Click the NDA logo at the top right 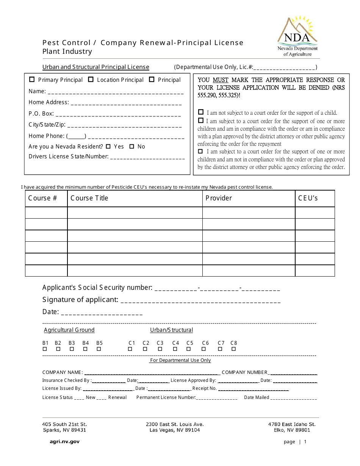point(297,36)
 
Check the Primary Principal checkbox point(32,80)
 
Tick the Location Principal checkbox point(91,80)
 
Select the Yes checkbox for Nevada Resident point(108,146)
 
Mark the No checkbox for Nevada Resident point(132,146)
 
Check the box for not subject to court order point(201,113)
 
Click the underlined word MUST point(221,80)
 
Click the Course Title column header point(89,198)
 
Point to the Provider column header point(219,198)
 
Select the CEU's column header point(308,198)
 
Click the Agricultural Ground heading point(69,330)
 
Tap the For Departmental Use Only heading point(180,360)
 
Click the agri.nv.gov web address point(65,441)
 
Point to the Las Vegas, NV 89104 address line point(175,430)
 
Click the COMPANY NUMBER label point(244,372)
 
